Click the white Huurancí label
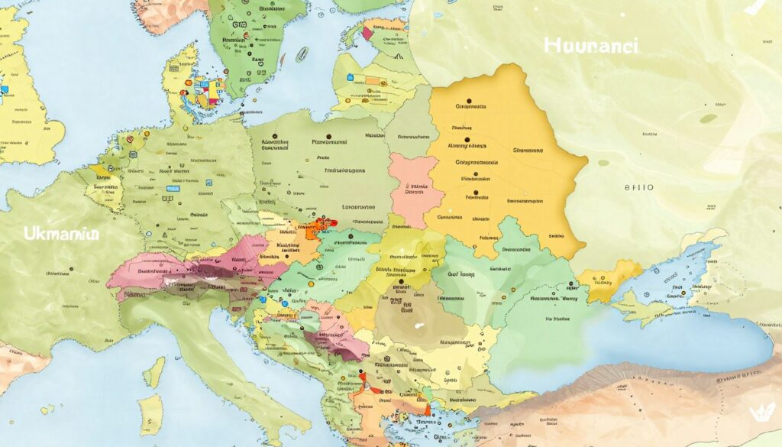coord(591,46)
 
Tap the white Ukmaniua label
coord(62,233)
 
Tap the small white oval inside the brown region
coord(418,324)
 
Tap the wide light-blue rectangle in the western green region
coord(173,188)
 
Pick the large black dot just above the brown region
coord(401,281)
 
